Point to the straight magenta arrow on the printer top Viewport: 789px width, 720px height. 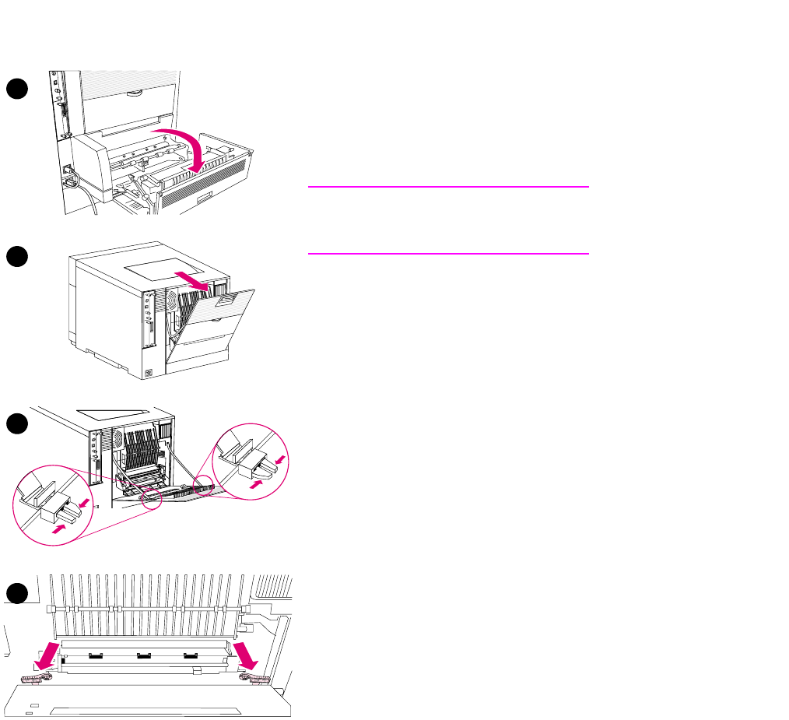point(191,280)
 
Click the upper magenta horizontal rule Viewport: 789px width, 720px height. point(448,187)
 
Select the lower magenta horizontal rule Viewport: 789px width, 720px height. point(448,253)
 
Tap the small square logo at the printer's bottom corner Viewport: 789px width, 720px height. point(150,373)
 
